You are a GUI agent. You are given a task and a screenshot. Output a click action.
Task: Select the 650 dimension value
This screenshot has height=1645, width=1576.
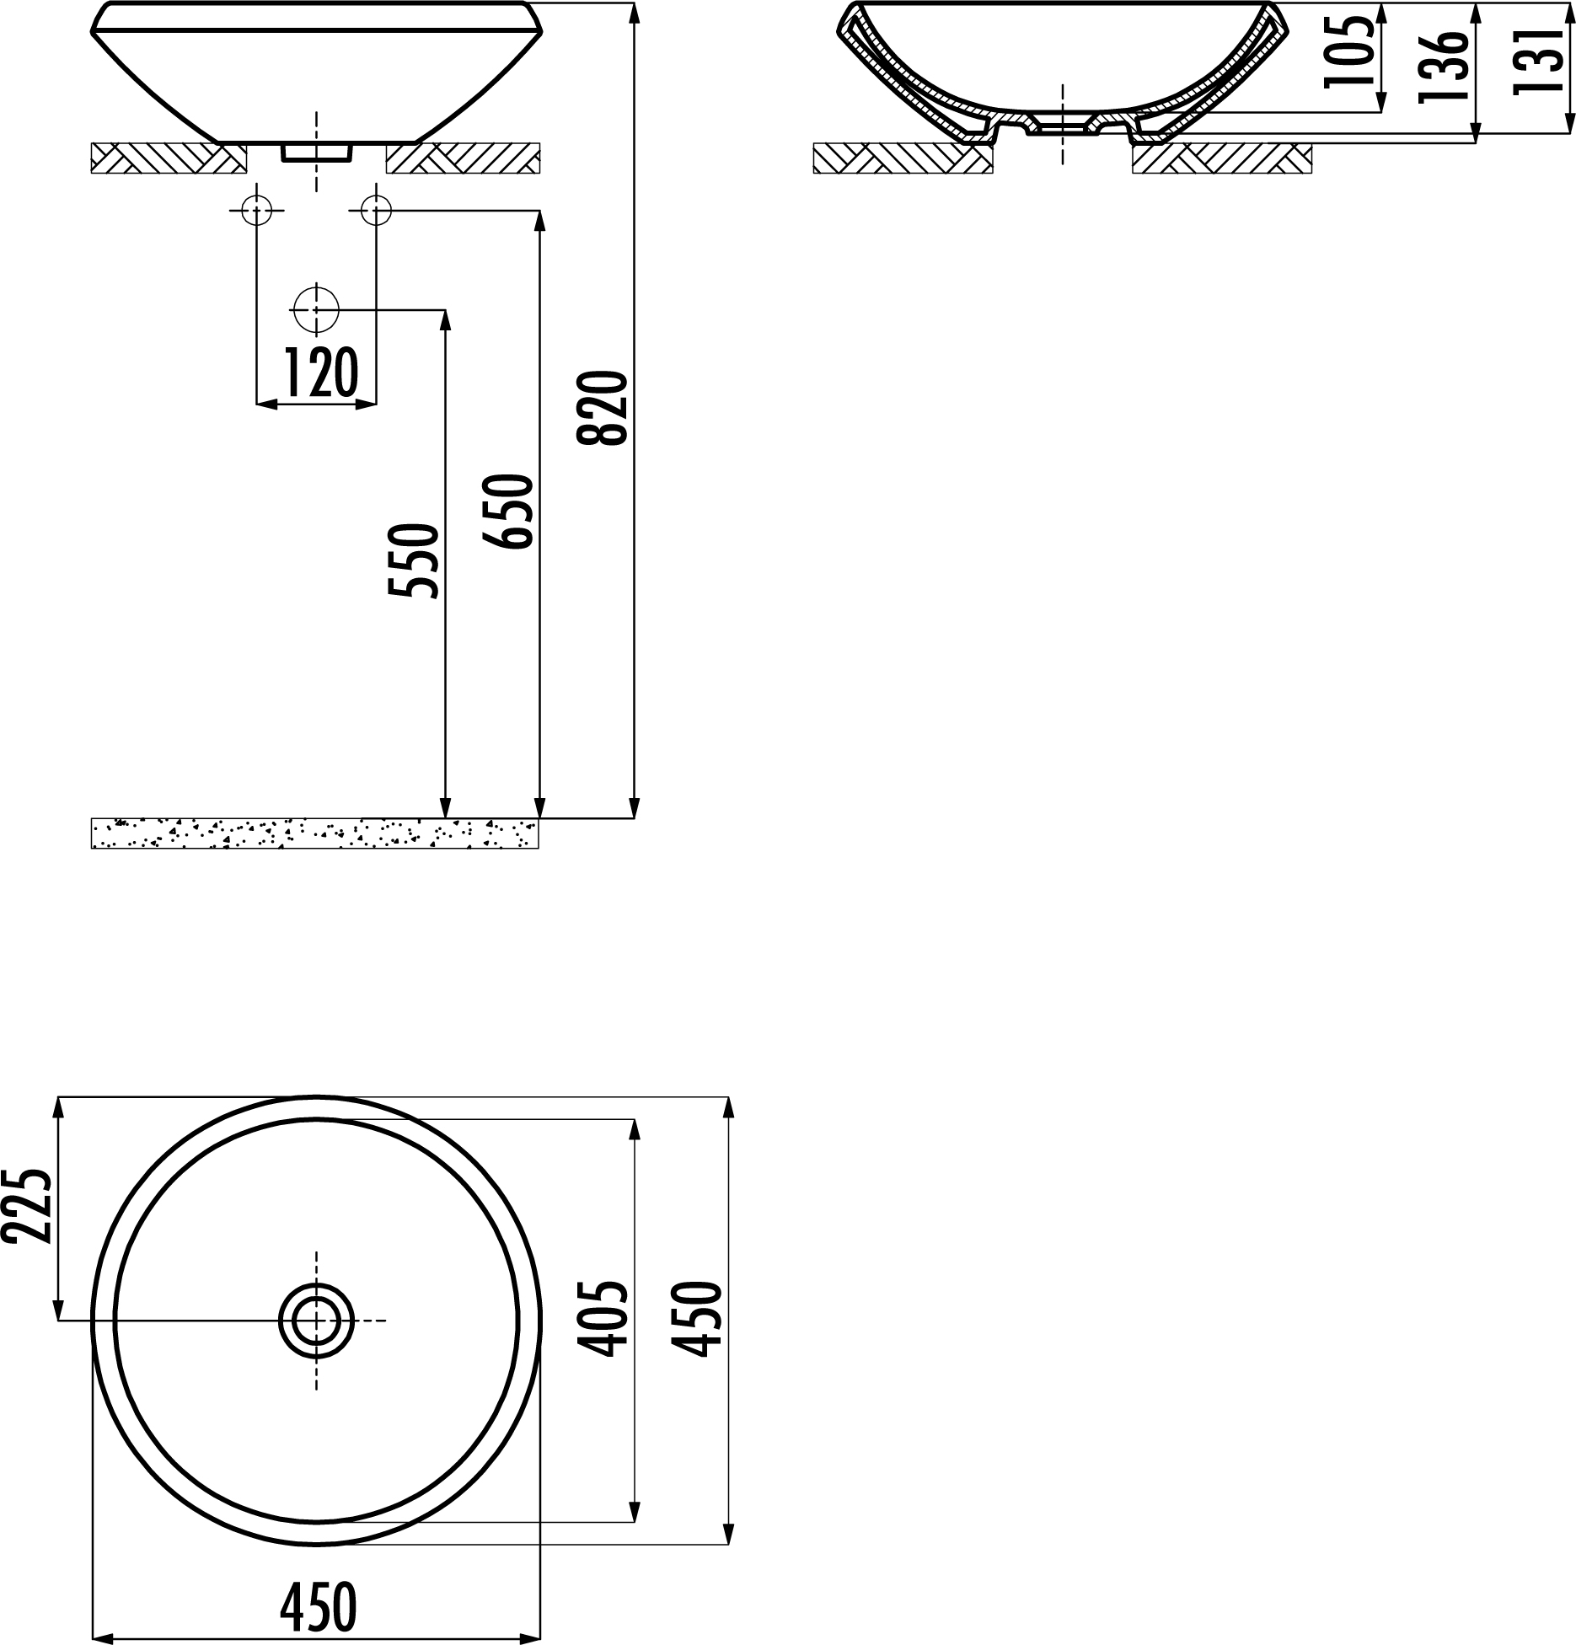coord(508,512)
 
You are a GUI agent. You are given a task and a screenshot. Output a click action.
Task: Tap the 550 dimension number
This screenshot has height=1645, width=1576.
coord(414,560)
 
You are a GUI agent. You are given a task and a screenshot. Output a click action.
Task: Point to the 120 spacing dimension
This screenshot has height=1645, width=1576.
coord(319,373)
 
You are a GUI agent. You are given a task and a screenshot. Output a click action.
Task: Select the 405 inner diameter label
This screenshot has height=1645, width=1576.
coord(604,1319)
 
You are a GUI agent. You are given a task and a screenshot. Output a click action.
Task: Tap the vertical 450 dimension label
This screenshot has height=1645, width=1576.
coord(699,1319)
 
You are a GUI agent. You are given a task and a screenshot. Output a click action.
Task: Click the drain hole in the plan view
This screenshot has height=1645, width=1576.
coord(316,1320)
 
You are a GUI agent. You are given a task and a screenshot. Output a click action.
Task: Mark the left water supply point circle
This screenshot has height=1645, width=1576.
coord(256,210)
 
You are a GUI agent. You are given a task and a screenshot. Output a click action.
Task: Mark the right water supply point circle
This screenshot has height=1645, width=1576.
coord(376,210)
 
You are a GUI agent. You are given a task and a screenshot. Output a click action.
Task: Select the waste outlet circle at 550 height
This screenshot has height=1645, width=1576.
coord(316,310)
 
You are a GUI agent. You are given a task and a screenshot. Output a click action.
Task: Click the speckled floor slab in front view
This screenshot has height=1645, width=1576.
coord(314,833)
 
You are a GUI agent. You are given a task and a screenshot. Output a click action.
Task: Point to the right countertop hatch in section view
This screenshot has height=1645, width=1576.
coord(1222,158)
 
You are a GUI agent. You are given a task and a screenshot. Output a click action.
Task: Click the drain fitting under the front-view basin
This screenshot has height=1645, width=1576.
coord(316,152)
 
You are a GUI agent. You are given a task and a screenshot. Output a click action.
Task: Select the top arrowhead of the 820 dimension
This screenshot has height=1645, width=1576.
coord(634,15)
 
